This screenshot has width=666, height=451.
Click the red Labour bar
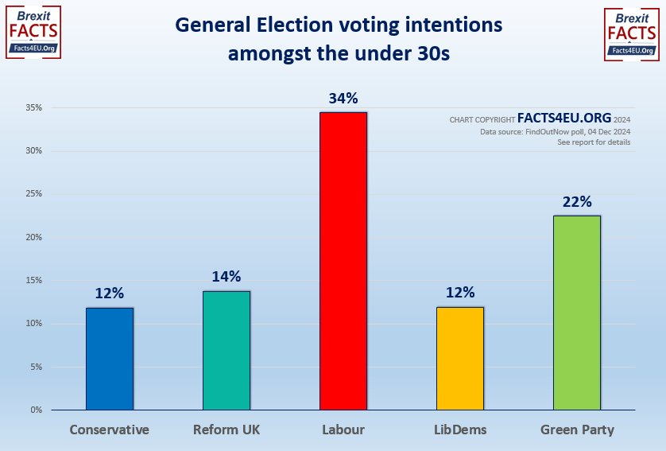tap(343, 261)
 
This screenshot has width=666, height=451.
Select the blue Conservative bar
tap(110, 359)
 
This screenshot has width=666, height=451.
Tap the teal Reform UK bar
tap(227, 350)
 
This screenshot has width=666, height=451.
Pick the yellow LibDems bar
tap(460, 358)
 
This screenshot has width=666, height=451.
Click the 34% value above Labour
tap(343, 99)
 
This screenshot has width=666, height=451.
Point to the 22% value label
tap(577, 202)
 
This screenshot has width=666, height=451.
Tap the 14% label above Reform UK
tap(227, 277)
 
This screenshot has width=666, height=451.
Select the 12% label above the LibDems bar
tap(460, 293)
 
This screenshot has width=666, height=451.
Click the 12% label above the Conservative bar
tap(110, 294)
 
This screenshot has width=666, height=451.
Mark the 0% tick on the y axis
tap(36, 410)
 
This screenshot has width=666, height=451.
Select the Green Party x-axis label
tap(577, 430)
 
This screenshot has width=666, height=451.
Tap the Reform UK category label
tap(227, 430)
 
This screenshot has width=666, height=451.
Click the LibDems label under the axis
tap(460, 430)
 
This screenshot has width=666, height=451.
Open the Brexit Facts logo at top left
tap(33, 32)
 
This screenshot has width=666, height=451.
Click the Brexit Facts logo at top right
tap(632, 33)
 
